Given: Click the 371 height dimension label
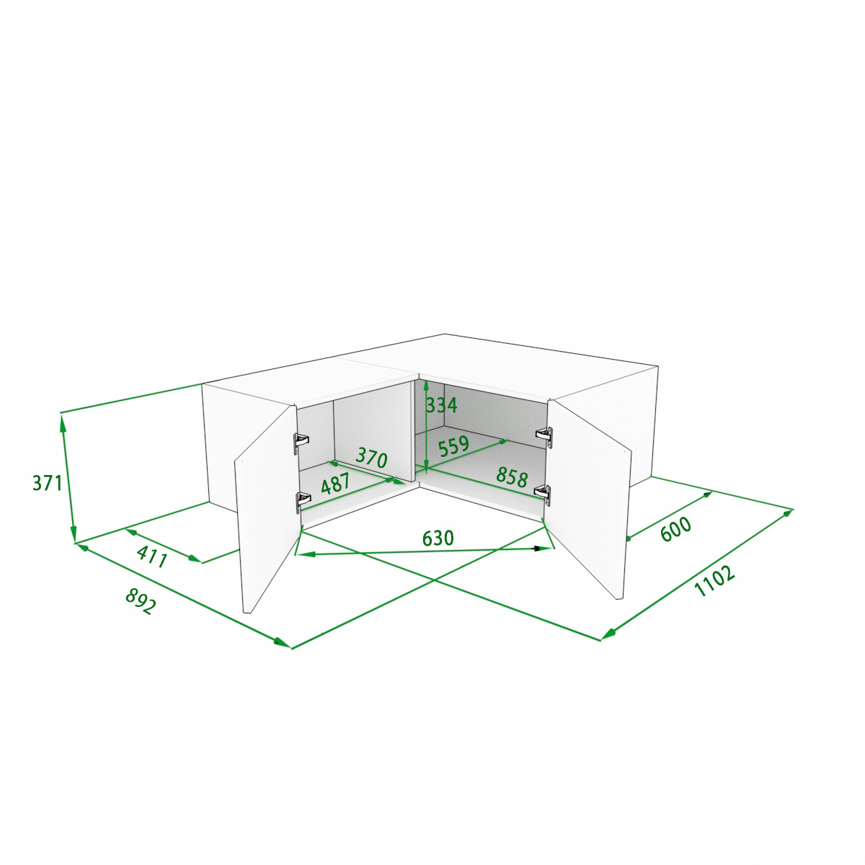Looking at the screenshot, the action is (47, 483).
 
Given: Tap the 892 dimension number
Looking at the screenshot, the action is (141, 601).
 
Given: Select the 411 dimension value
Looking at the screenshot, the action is (152, 557).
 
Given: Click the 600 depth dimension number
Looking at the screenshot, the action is (676, 529).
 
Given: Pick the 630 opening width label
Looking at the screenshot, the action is (438, 538).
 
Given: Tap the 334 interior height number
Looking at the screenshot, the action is (442, 405).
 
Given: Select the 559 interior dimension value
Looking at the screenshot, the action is (453, 446).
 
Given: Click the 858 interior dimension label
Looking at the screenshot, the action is (513, 477).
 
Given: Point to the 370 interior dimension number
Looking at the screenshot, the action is (371, 458).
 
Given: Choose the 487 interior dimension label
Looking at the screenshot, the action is (335, 484).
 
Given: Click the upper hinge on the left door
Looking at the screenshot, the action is (301, 442).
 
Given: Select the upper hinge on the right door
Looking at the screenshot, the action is (544, 435).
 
